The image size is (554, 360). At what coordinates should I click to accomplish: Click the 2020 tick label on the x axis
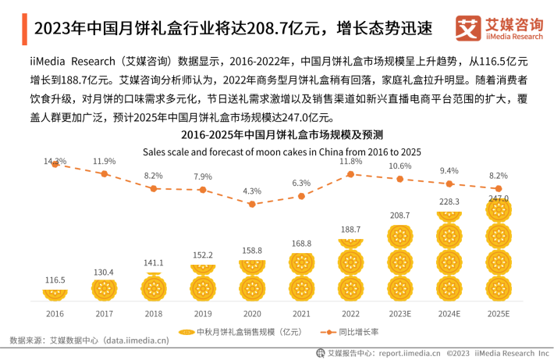(x=251, y=314)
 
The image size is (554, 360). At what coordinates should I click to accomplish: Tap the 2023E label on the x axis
(x=400, y=314)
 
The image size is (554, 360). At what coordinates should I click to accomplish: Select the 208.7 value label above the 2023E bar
(x=400, y=214)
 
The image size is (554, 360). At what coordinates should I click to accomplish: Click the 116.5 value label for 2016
(x=55, y=279)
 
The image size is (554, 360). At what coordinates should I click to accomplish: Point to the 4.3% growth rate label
(x=251, y=191)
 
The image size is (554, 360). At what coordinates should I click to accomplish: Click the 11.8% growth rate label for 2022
(x=351, y=162)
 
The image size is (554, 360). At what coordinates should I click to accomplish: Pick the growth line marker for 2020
(x=251, y=204)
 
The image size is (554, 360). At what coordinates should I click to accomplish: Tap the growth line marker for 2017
(x=104, y=173)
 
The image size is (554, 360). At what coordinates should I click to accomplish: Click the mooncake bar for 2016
(x=55, y=294)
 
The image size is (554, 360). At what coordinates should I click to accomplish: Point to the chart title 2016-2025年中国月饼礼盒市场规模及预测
(x=278, y=134)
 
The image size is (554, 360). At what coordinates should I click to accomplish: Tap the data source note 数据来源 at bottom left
(x=89, y=340)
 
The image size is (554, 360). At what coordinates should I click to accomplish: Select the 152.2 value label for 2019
(x=202, y=255)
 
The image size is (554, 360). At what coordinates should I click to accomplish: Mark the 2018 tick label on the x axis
(x=153, y=314)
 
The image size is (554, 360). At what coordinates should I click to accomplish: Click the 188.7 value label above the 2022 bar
(x=351, y=230)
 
